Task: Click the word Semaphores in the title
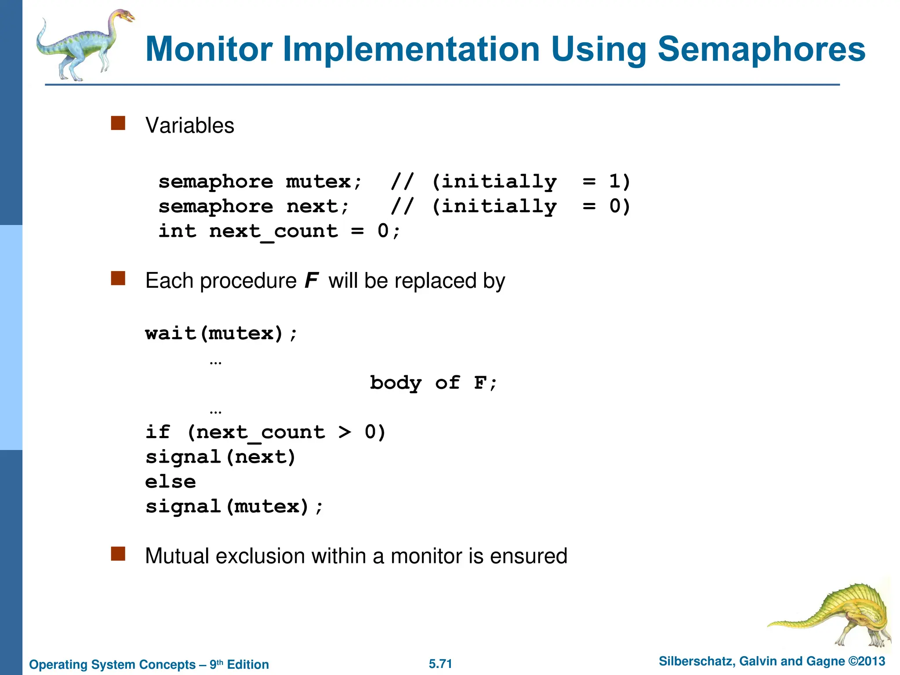[761, 49]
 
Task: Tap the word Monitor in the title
[209, 49]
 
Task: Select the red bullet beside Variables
[118, 123]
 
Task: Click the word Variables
[190, 126]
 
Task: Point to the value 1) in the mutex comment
[620, 181]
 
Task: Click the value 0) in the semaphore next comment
[620, 206]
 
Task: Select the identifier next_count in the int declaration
[273, 231]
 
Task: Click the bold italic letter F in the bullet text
[311, 281]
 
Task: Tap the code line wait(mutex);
[221, 334]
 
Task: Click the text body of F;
[433, 383]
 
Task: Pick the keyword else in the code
[171, 482]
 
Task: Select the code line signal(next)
[221, 457]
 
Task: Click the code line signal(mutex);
[234, 507]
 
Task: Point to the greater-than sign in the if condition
[345, 432]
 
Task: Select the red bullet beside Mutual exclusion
[118, 554]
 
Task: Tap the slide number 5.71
[440, 664]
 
